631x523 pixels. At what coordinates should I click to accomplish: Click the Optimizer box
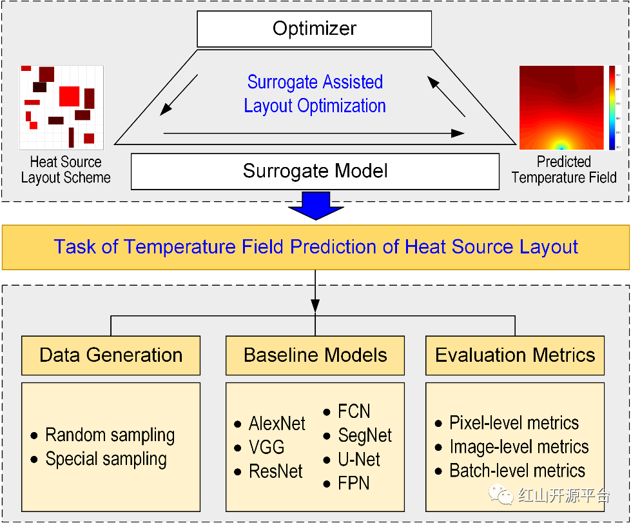pos(315,29)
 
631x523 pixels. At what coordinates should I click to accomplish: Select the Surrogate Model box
pos(315,171)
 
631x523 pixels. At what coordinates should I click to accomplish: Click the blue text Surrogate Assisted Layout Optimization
pos(315,94)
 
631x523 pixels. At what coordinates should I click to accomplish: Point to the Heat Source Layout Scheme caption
pos(66,170)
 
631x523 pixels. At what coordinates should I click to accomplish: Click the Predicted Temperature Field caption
pos(564,170)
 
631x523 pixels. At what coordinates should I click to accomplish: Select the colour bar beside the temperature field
pos(612,108)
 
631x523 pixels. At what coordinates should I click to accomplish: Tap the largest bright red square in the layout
pos(69,96)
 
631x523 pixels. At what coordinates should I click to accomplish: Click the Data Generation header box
pos(111,355)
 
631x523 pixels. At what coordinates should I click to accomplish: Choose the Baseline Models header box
pos(315,355)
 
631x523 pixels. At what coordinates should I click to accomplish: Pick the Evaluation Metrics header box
pos(515,355)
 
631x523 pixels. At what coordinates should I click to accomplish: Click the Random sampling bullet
pos(110,435)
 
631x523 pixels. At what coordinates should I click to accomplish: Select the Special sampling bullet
pos(106,459)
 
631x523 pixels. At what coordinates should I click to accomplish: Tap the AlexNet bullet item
pos(277,424)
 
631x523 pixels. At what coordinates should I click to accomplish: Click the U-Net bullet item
pos(359,460)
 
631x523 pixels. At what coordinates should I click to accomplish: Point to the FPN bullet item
pos(354,484)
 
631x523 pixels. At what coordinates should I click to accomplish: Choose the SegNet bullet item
pos(365,436)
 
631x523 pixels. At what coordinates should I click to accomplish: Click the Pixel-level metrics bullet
pos(514,423)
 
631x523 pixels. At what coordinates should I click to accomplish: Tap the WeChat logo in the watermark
pos(503,495)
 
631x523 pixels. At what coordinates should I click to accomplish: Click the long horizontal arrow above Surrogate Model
pos(314,133)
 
